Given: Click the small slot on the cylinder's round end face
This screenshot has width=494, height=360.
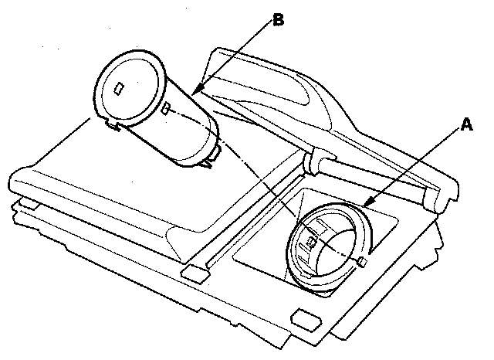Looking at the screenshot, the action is [118, 88].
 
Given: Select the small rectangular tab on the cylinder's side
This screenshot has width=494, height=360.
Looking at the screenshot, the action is [167, 108].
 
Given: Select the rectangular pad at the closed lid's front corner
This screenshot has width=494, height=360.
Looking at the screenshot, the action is [193, 273].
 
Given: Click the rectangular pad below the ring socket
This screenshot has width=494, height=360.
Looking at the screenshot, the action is [305, 318].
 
